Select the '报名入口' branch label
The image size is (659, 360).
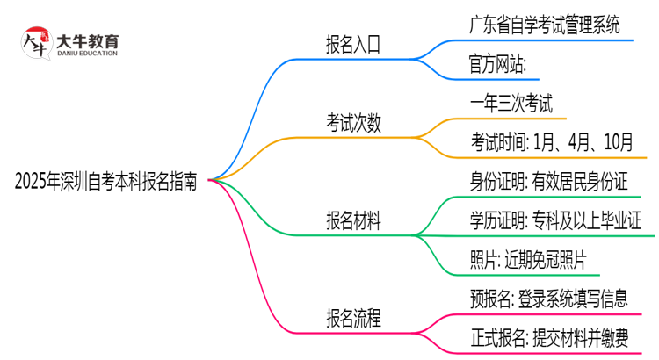point(353,45)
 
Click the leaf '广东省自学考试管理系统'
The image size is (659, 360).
point(545,25)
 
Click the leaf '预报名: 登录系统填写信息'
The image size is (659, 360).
point(549,299)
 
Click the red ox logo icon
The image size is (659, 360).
point(35,42)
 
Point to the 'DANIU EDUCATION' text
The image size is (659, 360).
point(88,54)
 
